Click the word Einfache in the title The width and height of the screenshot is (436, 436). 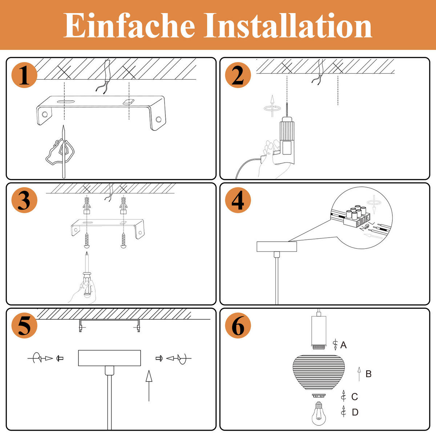click(129, 25)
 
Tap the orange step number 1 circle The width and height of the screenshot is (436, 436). click(24, 76)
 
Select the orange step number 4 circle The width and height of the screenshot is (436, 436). click(238, 201)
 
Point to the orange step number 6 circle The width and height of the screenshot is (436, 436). click(238, 326)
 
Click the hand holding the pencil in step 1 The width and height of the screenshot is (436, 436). click(60, 151)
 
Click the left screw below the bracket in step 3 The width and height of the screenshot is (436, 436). click(87, 241)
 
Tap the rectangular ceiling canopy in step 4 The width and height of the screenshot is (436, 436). click(277, 247)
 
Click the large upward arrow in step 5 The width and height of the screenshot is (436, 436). click(149, 385)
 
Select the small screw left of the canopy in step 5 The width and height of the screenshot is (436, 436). click(60, 358)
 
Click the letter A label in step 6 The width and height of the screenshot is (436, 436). click(343, 345)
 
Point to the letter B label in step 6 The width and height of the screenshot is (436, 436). click(368, 374)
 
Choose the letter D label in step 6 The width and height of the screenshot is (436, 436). click(355, 412)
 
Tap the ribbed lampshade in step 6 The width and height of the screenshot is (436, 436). click(319, 374)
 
